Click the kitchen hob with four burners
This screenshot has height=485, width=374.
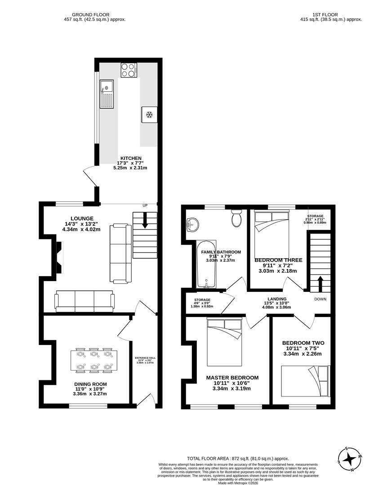click(129, 70)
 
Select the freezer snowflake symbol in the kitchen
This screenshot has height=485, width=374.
click(149, 115)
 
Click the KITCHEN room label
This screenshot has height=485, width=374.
click(130, 158)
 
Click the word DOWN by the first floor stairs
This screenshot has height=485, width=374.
click(321, 299)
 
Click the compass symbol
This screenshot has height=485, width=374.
click(349, 459)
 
